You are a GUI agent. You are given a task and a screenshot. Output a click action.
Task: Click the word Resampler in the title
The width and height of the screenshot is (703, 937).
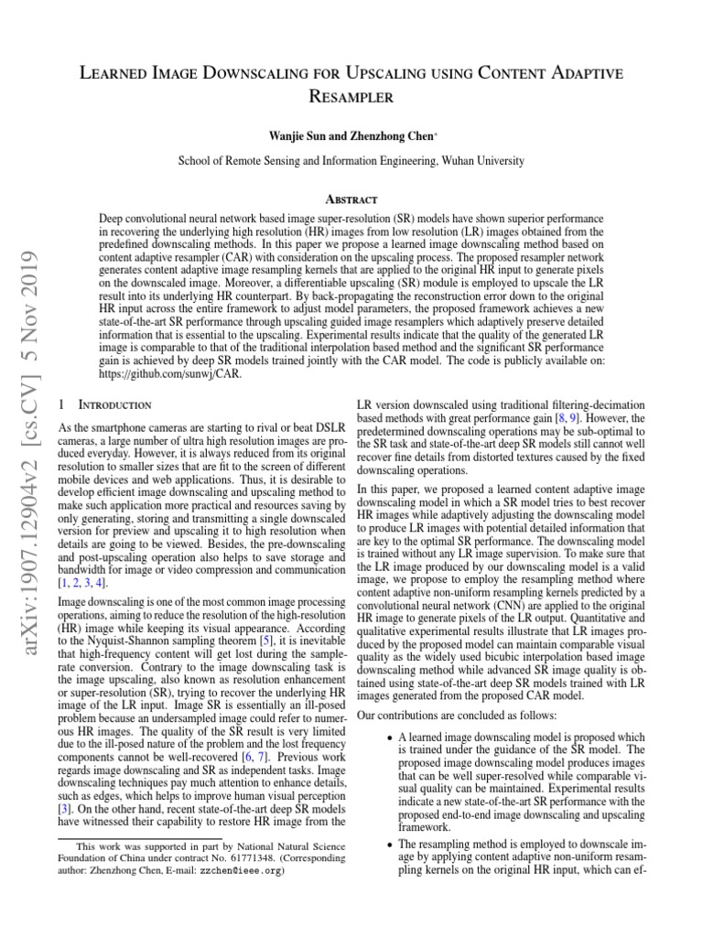(351, 94)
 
